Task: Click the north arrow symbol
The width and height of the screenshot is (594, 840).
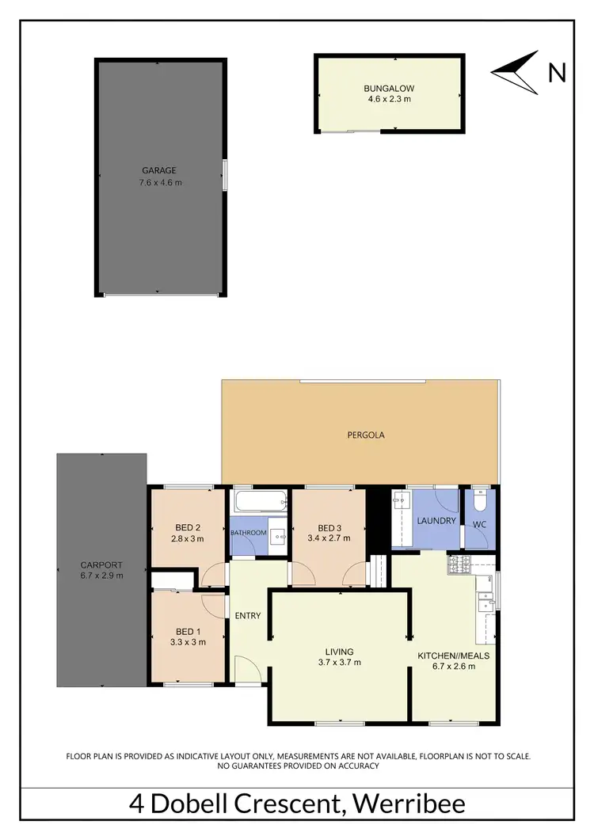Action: click(x=515, y=72)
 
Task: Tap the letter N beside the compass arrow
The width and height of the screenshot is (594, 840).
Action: click(x=557, y=73)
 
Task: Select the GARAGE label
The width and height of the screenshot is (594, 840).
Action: click(x=159, y=170)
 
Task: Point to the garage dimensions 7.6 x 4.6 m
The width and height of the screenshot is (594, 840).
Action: click(x=159, y=183)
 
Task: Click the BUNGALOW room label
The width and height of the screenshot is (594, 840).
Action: click(x=389, y=88)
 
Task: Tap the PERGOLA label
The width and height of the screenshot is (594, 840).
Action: click(x=366, y=435)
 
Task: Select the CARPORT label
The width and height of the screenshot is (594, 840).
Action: click(x=101, y=565)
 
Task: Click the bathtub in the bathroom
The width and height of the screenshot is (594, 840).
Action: click(x=260, y=502)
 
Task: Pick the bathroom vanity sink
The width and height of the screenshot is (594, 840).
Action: click(x=278, y=536)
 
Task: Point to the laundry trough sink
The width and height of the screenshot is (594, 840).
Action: click(x=399, y=503)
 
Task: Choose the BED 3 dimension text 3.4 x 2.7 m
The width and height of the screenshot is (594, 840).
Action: click(x=329, y=538)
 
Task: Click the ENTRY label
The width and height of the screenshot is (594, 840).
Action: click(x=248, y=616)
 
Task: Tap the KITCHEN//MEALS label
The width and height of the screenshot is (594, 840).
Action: click(x=453, y=656)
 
